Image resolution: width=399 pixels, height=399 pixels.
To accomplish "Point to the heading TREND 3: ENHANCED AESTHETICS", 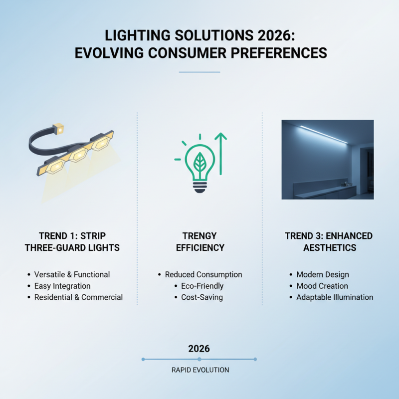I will pyautogui.click(x=328, y=241).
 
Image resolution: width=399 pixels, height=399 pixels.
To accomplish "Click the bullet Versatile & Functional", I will pyautogui.click(x=72, y=274).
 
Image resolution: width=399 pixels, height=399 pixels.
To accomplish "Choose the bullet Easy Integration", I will pyautogui.click(x=62, y=286).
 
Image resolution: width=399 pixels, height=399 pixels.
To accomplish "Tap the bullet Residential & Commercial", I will pyautogui.click(x=78, y=297).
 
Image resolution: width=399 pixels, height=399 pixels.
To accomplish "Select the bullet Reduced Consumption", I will pyautogui.click(x=203, y=274).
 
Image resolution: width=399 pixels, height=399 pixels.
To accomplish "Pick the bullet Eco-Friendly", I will pyautogui.click(x=202, y=286).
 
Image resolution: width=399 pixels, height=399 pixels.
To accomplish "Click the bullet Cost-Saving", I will pyautogui.click(x=202, y=297).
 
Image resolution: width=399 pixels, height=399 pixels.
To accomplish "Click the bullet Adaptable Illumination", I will pyautogui.click(x=335, y=297).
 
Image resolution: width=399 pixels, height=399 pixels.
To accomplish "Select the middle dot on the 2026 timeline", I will pyautogui.click(x=199, y=359).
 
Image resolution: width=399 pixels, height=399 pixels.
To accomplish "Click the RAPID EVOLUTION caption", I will pyautogui.click(x=200, y=370).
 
